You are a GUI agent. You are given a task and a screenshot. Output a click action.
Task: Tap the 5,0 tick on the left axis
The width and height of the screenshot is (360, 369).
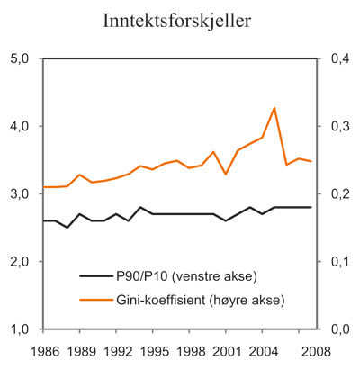19,58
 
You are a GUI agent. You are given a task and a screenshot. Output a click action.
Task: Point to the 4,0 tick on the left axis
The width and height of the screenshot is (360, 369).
19,126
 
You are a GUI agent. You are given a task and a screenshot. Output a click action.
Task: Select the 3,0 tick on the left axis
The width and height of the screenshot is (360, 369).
19,193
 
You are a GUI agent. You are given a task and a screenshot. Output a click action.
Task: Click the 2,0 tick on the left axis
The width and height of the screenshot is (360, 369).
19,261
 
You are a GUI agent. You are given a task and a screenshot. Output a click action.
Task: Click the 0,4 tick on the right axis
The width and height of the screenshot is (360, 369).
337,58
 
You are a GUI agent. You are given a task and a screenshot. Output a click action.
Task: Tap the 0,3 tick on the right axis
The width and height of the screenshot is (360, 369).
337,126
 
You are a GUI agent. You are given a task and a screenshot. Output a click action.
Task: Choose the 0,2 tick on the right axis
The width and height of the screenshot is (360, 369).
337,193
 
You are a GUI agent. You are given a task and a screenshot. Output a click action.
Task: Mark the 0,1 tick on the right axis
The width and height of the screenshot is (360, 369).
337,261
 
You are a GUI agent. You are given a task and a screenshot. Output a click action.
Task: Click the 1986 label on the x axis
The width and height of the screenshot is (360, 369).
43,348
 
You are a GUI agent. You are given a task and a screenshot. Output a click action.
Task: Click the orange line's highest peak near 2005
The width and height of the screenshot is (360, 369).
274,108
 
